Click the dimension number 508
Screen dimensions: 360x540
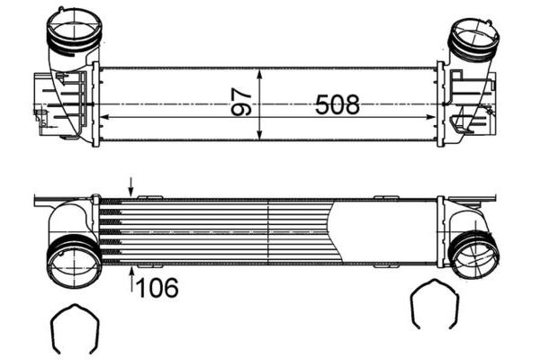click(x=337, y=105)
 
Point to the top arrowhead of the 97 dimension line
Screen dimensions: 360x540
click(x=260, y=72)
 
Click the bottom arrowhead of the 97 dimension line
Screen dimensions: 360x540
click(x=260, y=137)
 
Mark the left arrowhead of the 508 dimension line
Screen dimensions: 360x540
click(x=102, y=118)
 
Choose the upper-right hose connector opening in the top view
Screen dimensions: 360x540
click(x=472, y=36)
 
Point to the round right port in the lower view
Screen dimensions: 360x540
click(x=471, y=255)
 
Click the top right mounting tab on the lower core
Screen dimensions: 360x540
click(x=386, y=197)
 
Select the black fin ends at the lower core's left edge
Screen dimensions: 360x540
click(x=110, y=230)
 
